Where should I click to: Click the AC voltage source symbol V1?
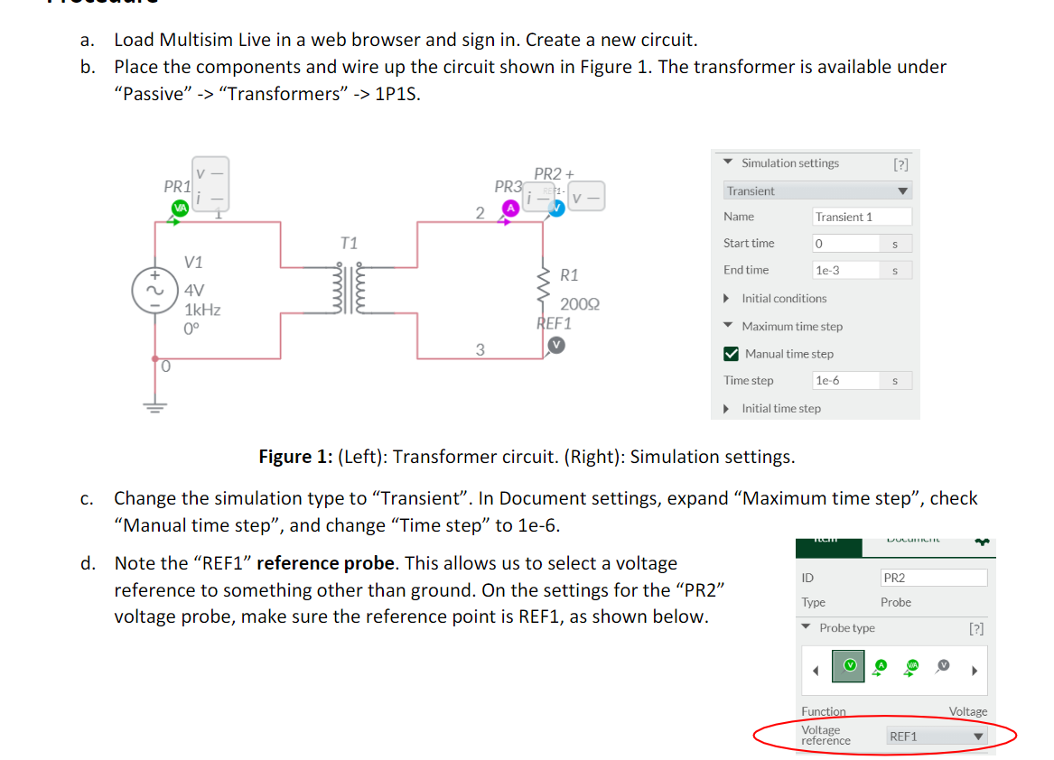147,291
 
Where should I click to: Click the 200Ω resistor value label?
579,304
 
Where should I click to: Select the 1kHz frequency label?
202,309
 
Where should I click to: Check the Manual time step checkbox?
732,354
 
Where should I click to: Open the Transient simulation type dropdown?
817,191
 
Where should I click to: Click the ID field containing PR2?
933,578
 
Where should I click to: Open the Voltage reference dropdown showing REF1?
936,737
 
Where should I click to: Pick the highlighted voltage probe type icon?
848,665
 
